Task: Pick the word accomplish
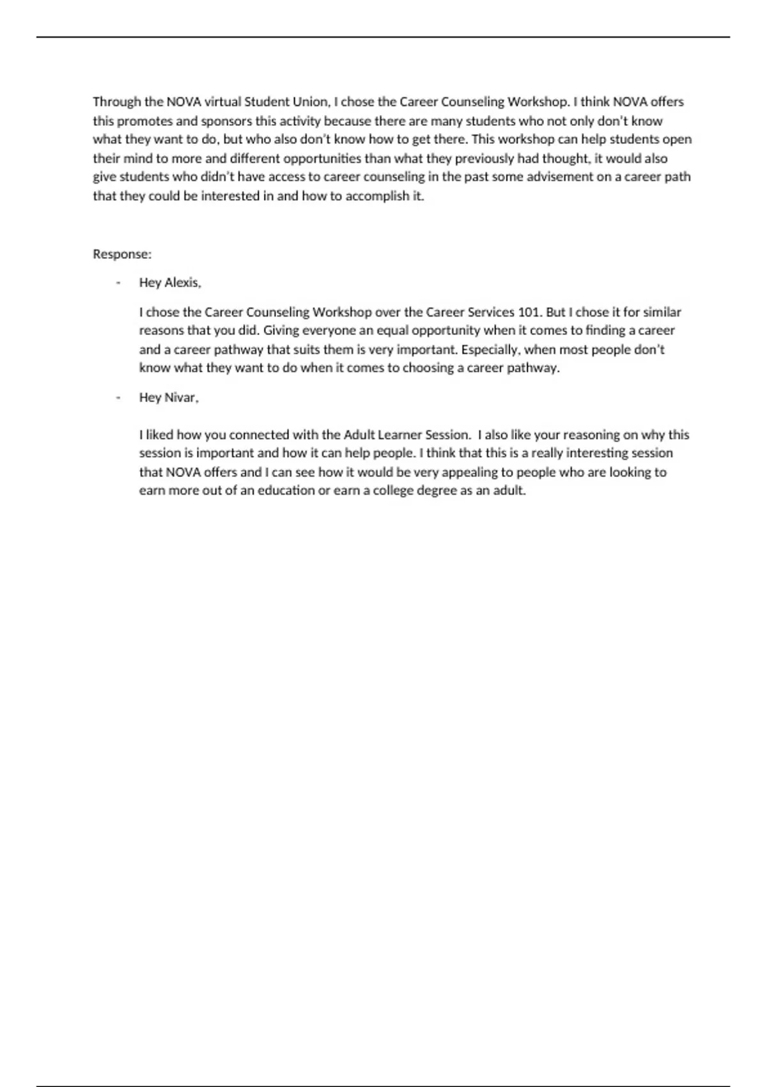tap(376, 196)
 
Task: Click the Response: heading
tap(122, 254)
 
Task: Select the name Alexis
tap(183, 283)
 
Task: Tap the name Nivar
tap(182, 398)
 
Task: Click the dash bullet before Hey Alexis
tap(118, 283)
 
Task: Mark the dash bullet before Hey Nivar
tap(118, 398)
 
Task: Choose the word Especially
tap(491, 350)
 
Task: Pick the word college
tap(392, 491)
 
